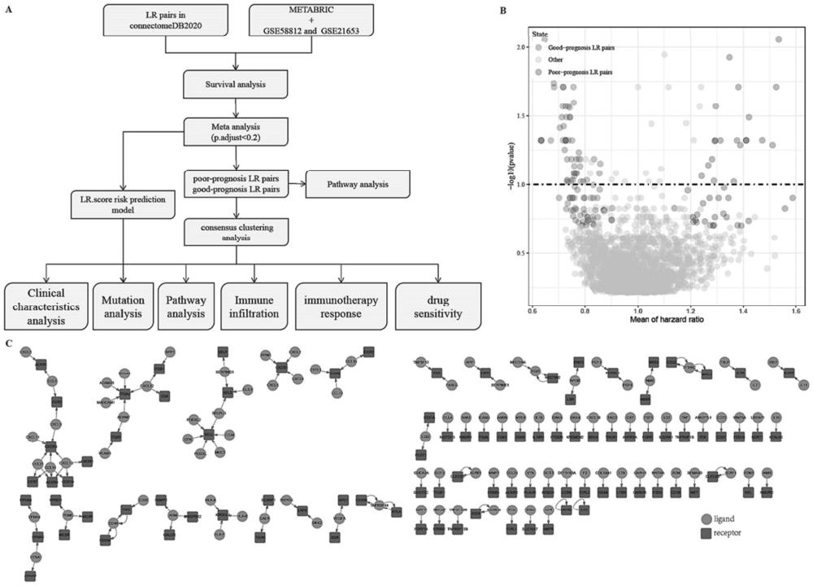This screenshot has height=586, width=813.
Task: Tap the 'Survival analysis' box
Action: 235,83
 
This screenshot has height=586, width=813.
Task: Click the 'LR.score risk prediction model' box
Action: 123,204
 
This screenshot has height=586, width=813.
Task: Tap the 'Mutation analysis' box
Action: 121,304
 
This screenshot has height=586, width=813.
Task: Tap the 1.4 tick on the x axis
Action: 742,310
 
